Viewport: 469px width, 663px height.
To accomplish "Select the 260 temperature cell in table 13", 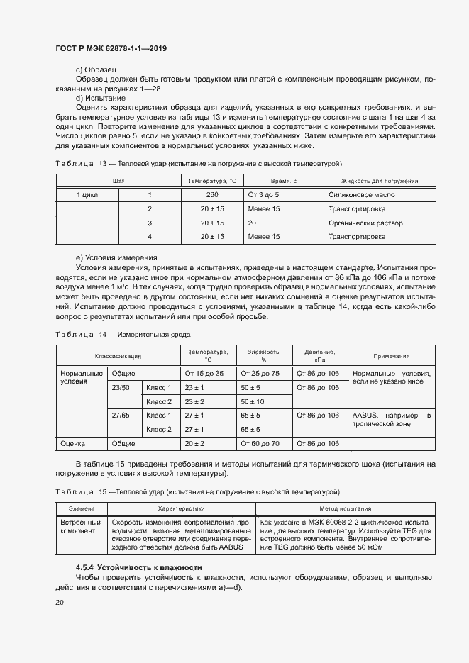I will point(212,194).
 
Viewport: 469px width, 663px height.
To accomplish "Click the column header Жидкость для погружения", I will point(379,181).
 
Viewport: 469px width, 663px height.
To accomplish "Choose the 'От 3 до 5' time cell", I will point(263,194).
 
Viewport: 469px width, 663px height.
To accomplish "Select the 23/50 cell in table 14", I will point(121,388).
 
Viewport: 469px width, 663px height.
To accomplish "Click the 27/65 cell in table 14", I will point(121,416).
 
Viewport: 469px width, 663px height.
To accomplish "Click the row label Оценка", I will point(73,443).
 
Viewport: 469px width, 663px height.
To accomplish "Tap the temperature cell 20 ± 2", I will point(194,443).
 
